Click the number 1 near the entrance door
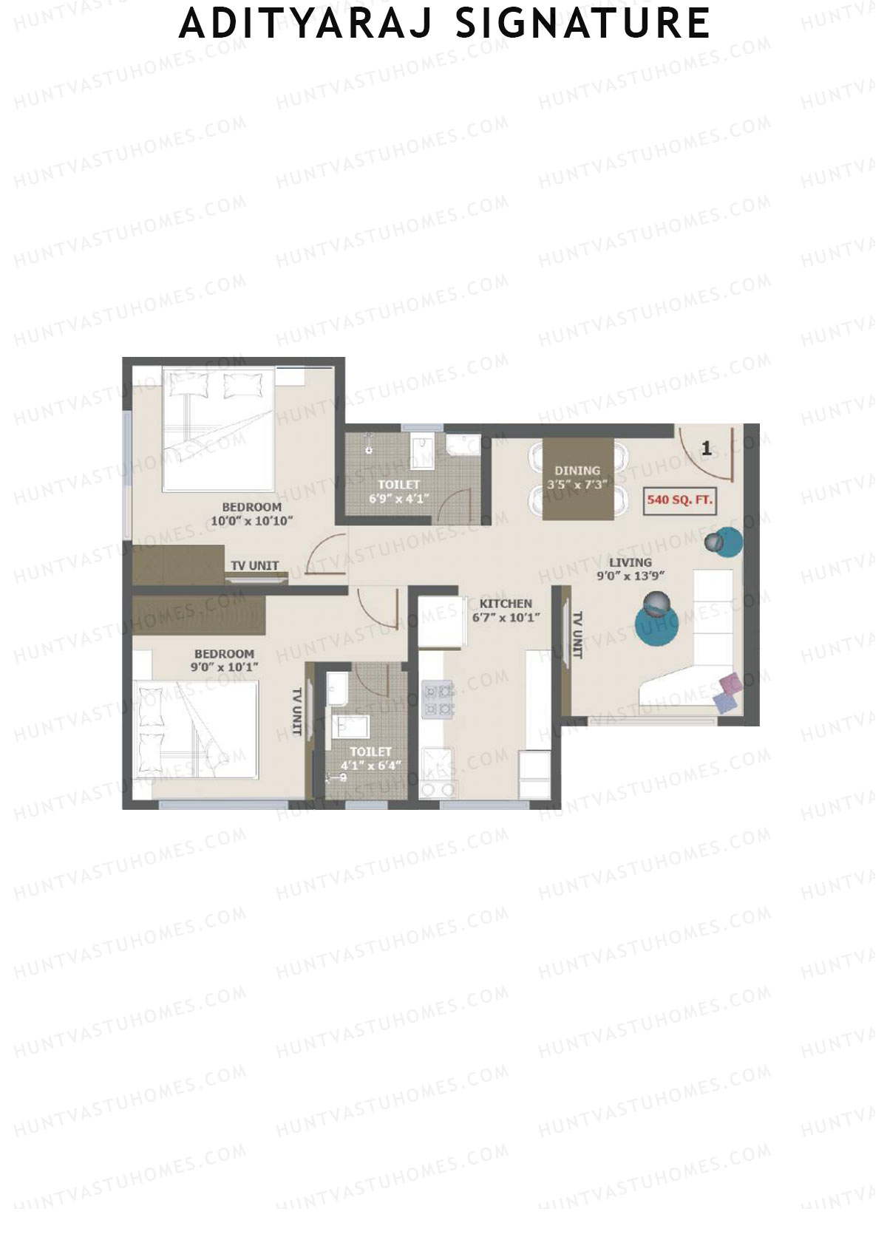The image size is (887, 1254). [707, 448]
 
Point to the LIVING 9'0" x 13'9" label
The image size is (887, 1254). [630, 570]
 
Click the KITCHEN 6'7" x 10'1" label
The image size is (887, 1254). [506, 610]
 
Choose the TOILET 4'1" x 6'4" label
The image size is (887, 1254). [371, 759]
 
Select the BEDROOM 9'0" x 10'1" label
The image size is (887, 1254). [224, 661]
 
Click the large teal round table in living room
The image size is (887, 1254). [657, 625]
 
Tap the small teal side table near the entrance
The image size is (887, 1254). [727, 542]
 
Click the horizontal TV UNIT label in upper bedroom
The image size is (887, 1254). [254, 566]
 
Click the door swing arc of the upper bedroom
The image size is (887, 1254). [323, 551]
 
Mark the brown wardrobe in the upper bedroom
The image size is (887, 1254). [178, 565]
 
